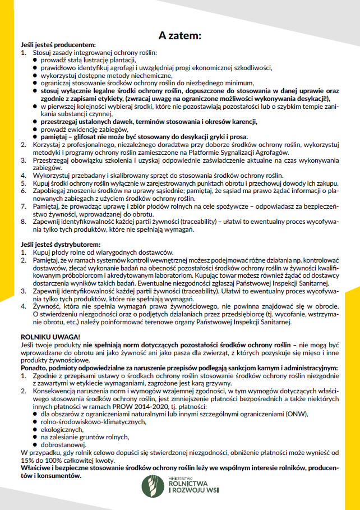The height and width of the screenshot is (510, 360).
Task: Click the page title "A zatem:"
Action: (x=179, y=35)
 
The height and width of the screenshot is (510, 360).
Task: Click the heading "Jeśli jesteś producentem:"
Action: (x=57, y=44)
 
